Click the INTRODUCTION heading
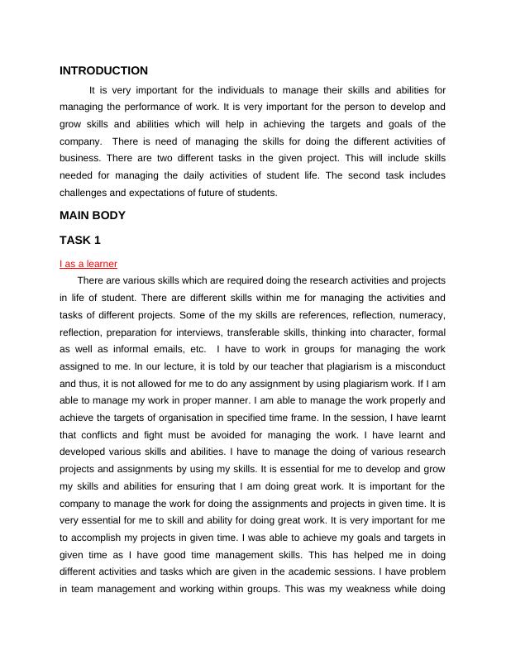click(x=104, y=71)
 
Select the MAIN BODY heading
click(x=93, y=216)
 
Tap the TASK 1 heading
click(x=82, y=241)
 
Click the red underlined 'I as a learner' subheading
click(x=88, y=264)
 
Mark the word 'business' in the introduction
click(x=80, y=159)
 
